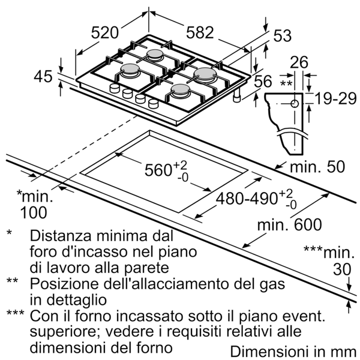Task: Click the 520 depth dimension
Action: pyautogui.click(x=104, y=33)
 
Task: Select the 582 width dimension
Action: pyautogui.click(x=200, y=32)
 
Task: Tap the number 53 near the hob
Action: pyautogui.click(x=283, y=35)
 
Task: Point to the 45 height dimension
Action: pyautogui.click(x=43, y=76)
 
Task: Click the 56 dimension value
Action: pyautogui.click(x=263, y=81)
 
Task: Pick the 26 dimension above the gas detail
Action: pyautogui.click(x=299, y=62)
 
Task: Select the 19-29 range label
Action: pyautogui.click(x=335, y=99)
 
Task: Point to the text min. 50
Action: pyautogui.click(x=317, y=166)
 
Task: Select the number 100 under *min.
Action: pyautogui.click(x=34, y=212)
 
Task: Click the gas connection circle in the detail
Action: pyautogui.click(x=295, y=104)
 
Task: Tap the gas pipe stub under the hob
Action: pyautogui.click(x=238, y=95)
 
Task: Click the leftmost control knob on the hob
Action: pyautogui.click(x=115, y=88)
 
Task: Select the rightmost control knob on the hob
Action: pyautogui.click(x=153, y=104)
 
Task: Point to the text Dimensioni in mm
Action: pyautogui.click(x=293, y=351)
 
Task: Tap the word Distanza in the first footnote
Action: pyautogui.click(x=61, y=236)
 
